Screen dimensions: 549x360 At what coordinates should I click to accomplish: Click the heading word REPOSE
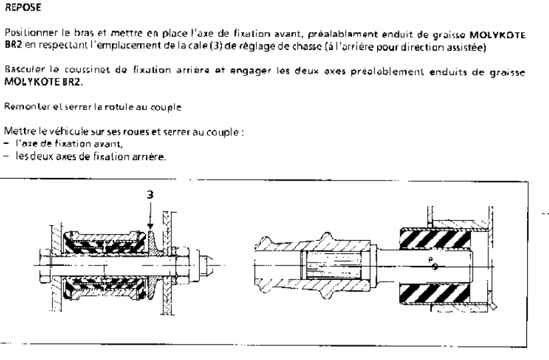click(23, 7)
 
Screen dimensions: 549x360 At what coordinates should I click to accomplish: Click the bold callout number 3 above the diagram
click(150, 195)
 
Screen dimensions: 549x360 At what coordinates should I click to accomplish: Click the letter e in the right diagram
click(430, 259)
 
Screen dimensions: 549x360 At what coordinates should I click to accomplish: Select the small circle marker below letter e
click(435, 267)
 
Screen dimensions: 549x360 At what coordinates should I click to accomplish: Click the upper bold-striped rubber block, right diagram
click(435, 238)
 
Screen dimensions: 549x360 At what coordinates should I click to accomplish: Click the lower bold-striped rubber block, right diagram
click(435, 294)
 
